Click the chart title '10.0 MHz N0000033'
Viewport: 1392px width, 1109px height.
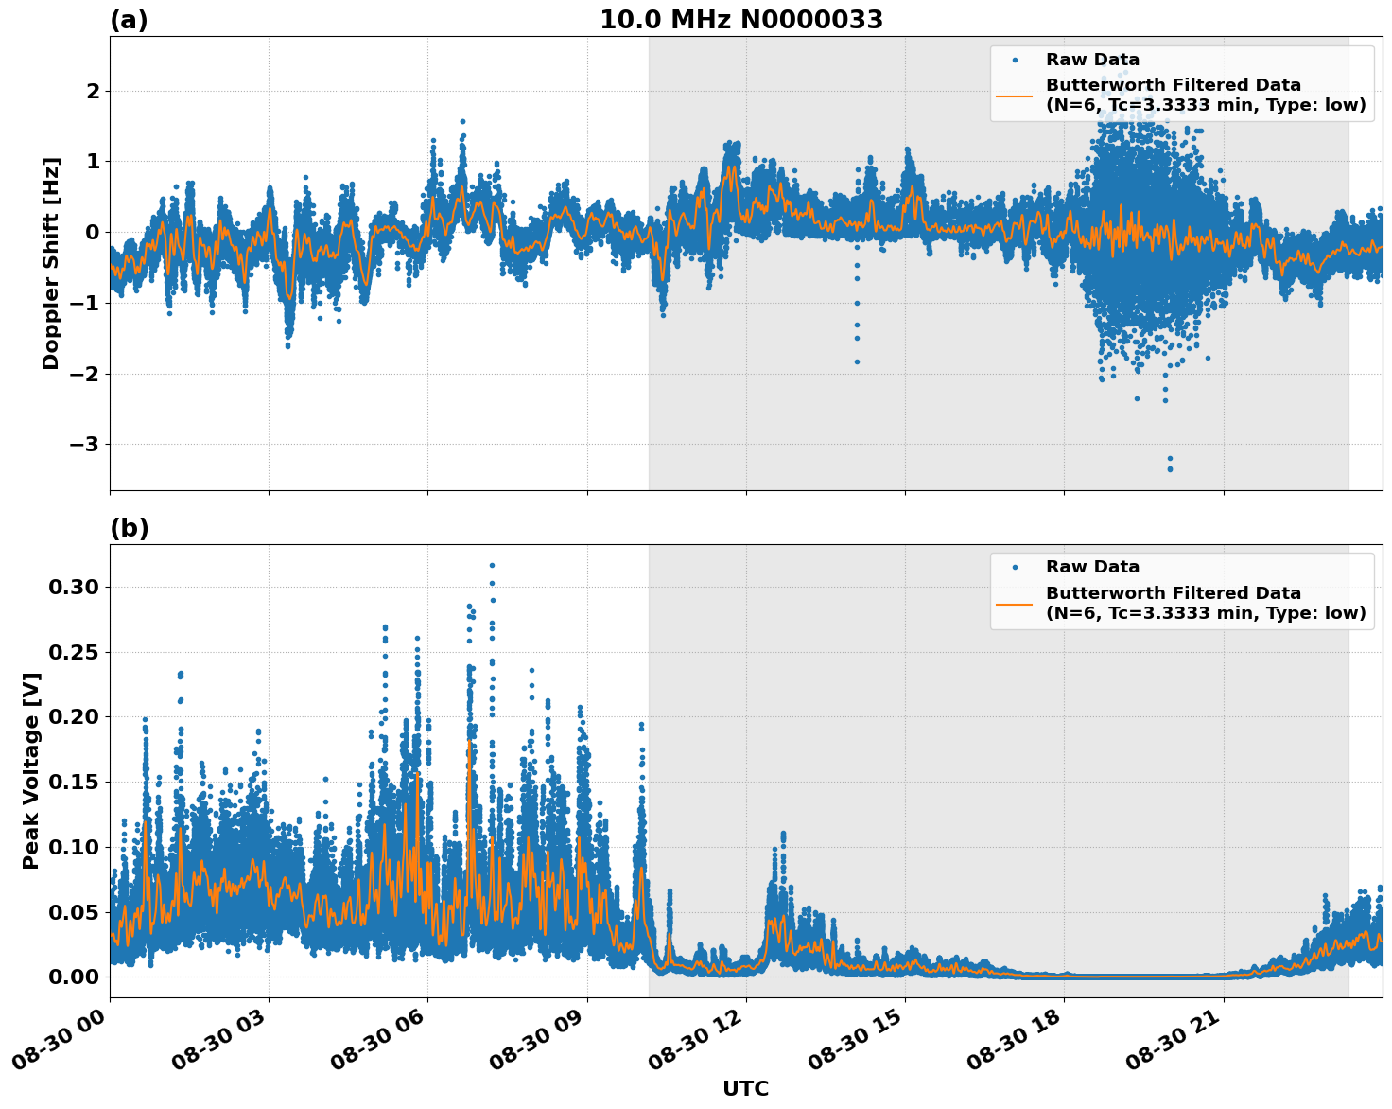741,20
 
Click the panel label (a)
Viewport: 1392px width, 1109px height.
129,20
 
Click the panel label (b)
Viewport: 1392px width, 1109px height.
129,528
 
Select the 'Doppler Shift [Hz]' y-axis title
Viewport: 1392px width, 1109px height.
51,263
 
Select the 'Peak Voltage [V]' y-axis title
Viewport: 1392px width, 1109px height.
31,770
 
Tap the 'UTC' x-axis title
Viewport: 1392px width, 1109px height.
745,1088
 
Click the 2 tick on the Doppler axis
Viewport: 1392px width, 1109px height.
93,91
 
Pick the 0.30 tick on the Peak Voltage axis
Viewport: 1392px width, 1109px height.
73,587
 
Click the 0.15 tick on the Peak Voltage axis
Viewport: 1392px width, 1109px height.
73,782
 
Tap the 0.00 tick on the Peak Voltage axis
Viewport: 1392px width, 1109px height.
73,977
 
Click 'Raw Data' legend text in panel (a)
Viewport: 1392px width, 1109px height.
1092,60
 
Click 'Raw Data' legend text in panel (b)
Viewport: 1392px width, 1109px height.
1092,567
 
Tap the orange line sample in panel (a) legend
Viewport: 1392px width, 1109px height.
1015,96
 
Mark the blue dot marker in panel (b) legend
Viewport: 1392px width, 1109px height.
1015,567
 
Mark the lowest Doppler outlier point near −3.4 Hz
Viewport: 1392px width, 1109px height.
1170,468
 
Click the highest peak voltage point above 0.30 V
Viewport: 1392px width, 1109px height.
492,565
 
